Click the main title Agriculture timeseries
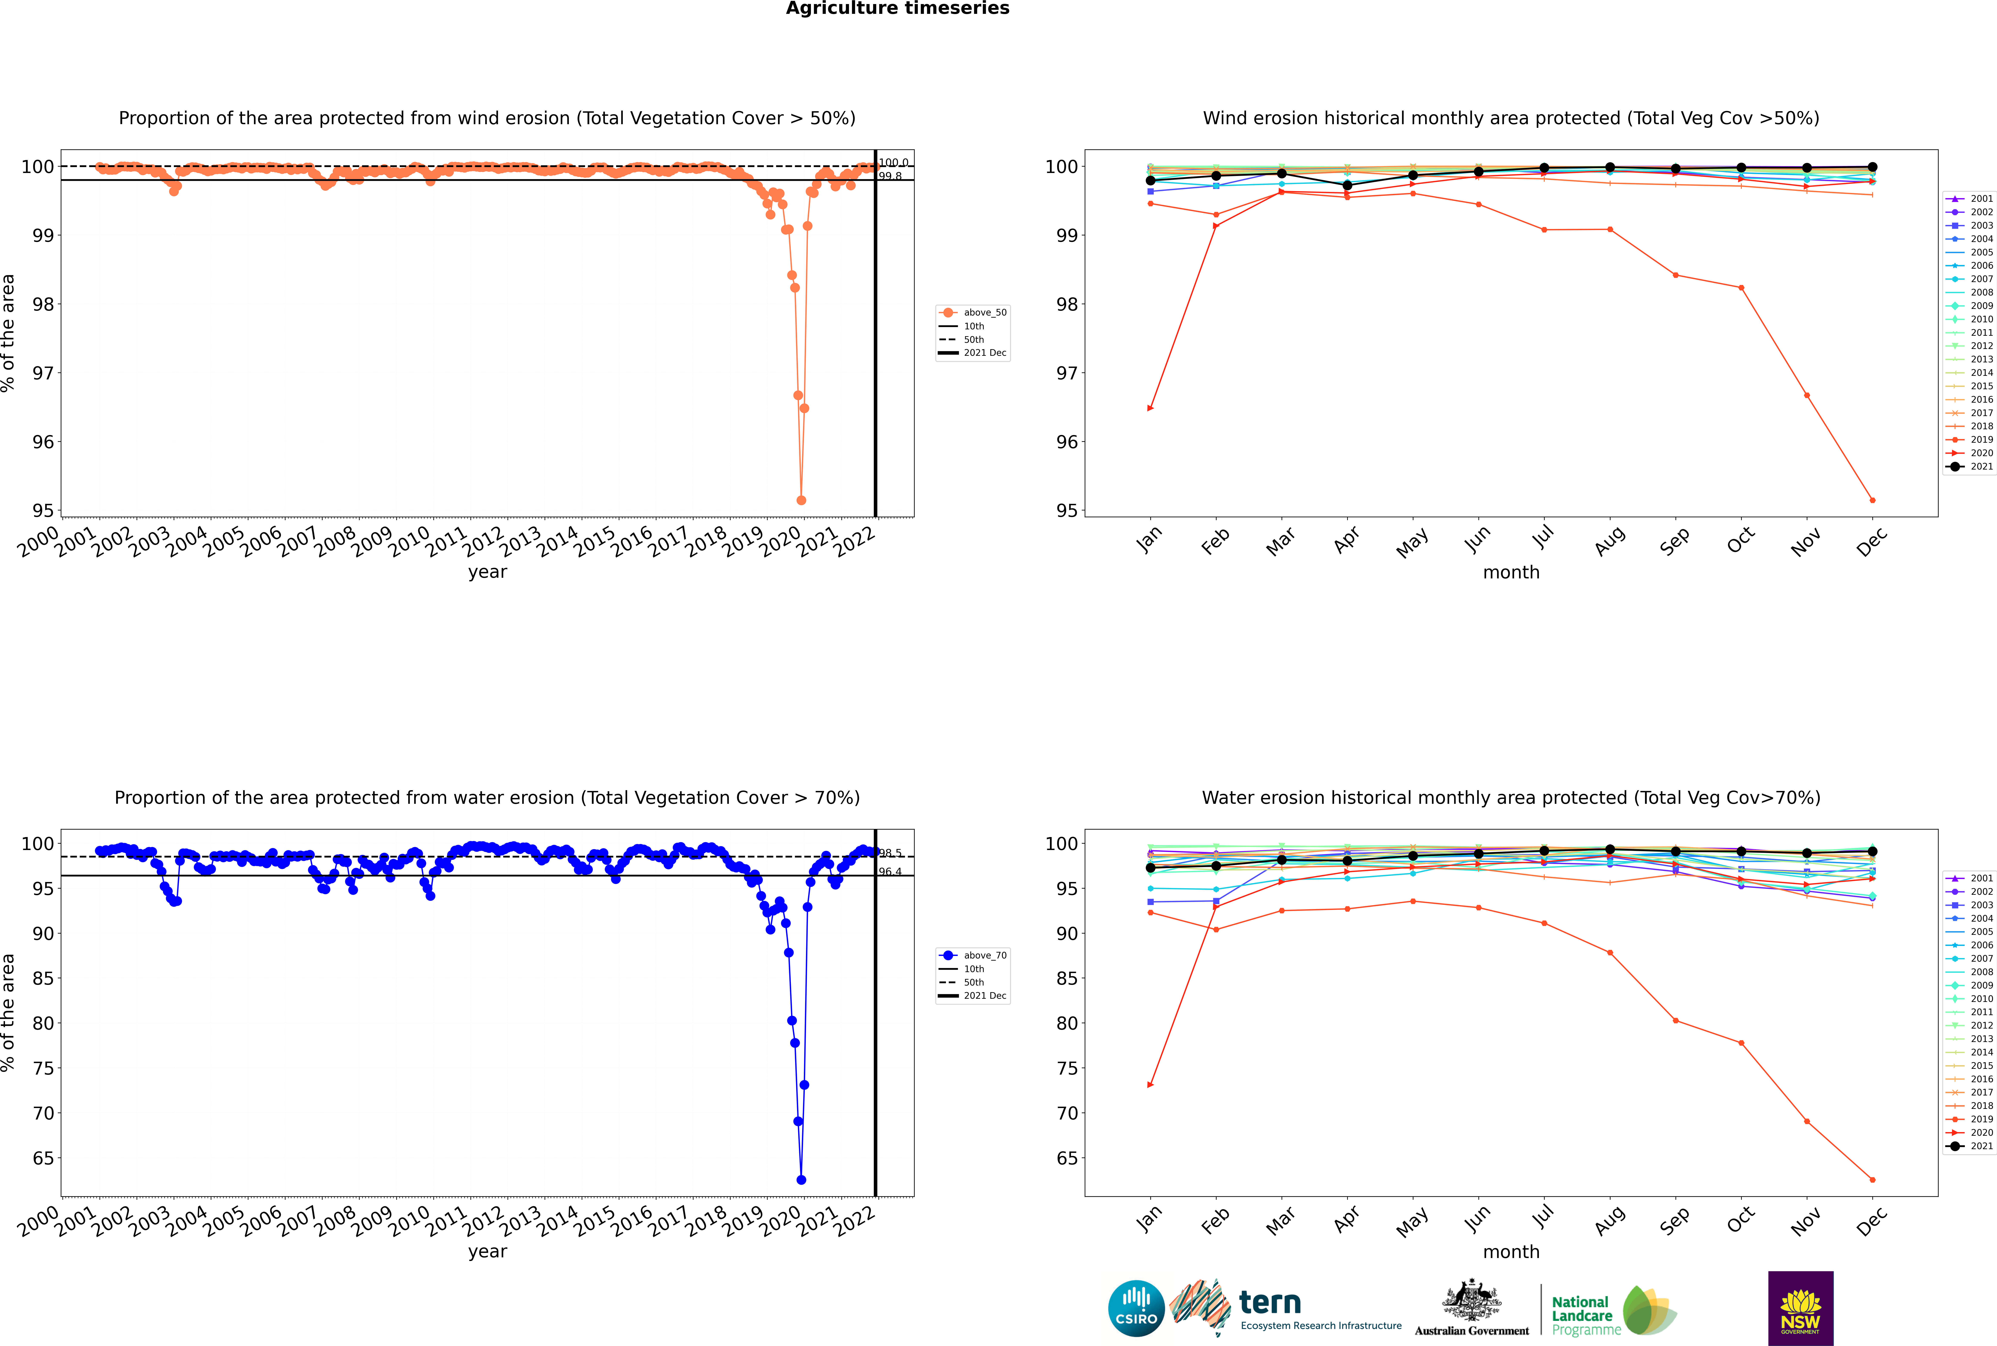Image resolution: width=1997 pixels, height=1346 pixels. tap(897, 9)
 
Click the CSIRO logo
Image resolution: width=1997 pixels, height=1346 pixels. tap(1136, 1308)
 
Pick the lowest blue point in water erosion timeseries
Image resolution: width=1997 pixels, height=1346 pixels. tap(801, 1179)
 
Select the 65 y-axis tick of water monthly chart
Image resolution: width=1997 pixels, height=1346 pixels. tap(1066, 1158)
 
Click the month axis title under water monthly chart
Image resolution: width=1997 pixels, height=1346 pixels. tap(1511, 1252)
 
